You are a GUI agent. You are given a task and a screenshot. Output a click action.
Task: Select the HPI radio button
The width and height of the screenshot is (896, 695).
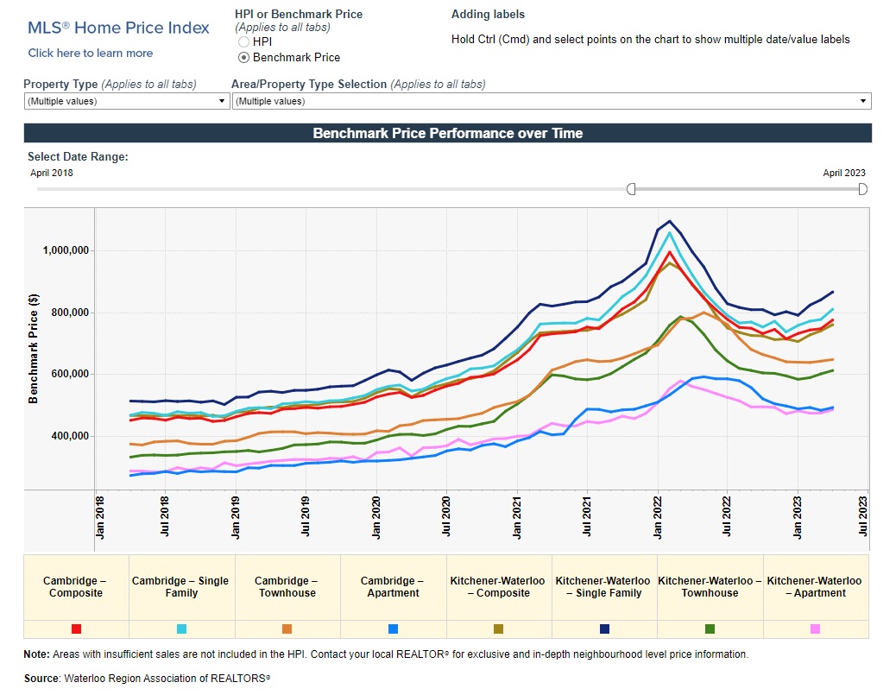(x=244, y=41)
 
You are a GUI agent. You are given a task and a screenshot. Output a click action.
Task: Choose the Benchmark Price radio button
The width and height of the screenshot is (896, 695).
(x=244, y=58)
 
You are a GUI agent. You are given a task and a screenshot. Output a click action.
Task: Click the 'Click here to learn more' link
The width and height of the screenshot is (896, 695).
(x=91, y=54)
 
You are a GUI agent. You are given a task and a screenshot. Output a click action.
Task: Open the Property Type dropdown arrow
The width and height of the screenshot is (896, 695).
(x=222, y=102)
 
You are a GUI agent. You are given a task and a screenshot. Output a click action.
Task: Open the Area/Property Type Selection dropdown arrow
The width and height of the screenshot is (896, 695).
(x=863, y=102)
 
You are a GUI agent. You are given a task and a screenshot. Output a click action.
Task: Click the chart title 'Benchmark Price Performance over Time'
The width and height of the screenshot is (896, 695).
(x=447, y=134)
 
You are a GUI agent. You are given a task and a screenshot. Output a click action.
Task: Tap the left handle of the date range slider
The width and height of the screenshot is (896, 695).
(x=631, y=189)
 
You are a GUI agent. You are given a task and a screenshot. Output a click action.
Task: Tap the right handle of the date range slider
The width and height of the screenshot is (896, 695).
(x=862, y=189)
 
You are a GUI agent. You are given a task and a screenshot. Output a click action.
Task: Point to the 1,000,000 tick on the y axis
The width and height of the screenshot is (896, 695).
(x=66, y=251)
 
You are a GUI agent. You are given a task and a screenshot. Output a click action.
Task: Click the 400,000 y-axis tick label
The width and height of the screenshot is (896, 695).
(x=66, y=436)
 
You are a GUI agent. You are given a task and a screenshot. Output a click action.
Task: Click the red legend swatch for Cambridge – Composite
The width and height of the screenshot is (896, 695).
(x=76, y=629)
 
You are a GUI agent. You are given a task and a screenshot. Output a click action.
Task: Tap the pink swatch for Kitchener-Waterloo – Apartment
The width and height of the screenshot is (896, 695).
(x=815, y=629)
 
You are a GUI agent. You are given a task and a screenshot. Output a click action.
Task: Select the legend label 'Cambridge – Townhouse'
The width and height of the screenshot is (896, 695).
(x=287, y=587)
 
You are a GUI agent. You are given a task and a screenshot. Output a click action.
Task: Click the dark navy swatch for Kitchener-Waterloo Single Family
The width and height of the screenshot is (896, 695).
(x=604, y=629)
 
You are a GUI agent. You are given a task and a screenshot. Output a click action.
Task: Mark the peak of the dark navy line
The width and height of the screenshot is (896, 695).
(x=670, y=221)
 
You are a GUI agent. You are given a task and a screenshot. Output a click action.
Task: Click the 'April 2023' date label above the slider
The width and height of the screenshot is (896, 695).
(x=843, y=173)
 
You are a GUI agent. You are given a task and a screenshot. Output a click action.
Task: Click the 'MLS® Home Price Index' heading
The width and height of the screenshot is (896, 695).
(x=118, y=28)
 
